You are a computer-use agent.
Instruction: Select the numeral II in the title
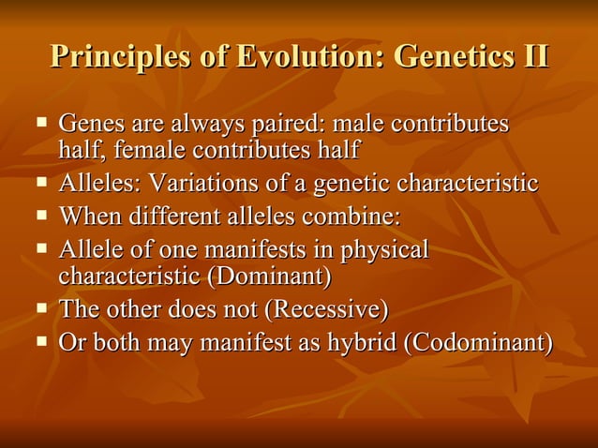[x=531, y=55]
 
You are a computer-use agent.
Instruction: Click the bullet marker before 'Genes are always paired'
[x=41, y=122]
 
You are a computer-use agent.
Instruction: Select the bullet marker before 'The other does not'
[x=41, y=307]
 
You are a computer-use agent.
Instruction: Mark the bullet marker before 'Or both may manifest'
[x=41, y=340]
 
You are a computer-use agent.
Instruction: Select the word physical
[x=383, y=250]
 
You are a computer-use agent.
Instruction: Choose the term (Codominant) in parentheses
[x=477, y=342]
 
